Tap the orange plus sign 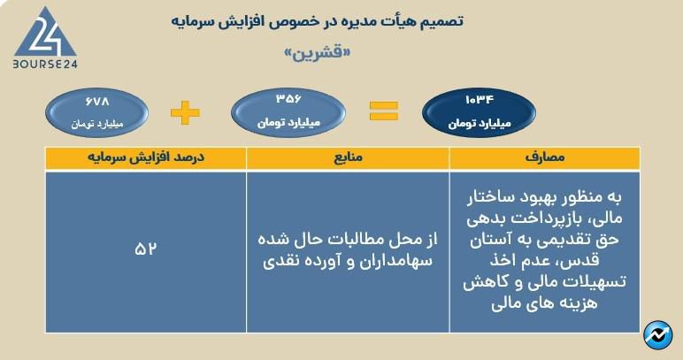click(x=184, y=111)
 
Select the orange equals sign click(x=383, y=111)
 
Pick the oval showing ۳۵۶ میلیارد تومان click(x=284, y=111)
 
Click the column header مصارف click(x=544, y=158)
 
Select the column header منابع click(x=348, y=158)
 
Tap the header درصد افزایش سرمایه click(x=145, y=158)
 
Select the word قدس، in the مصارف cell click(x=610, y=261)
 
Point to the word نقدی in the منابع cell click(x=281, y=263)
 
